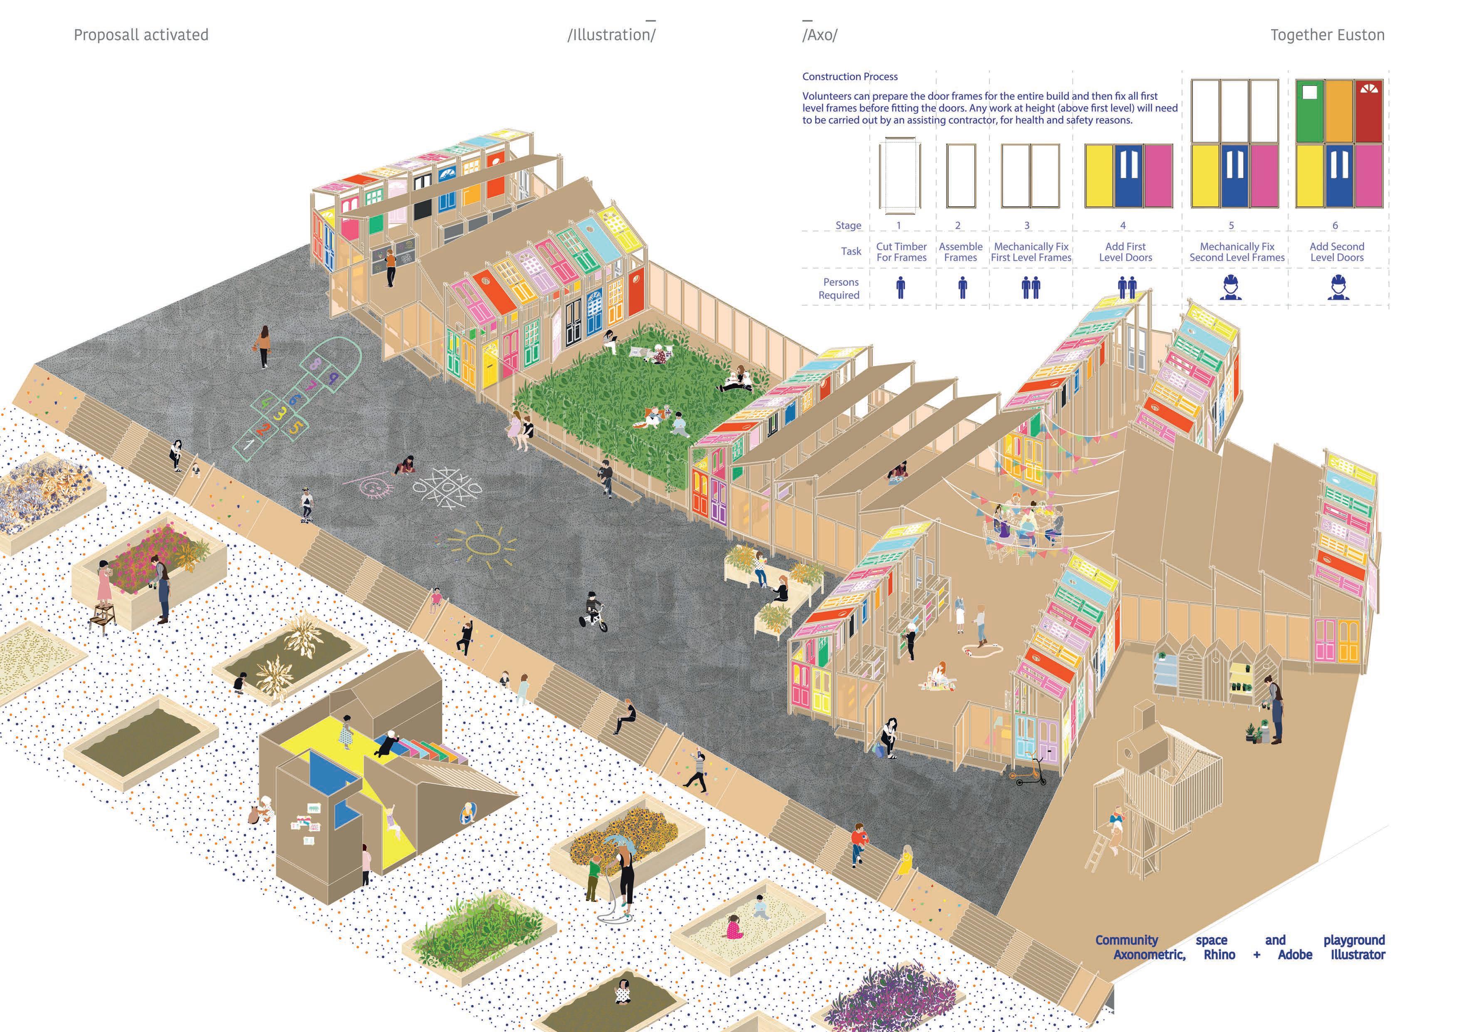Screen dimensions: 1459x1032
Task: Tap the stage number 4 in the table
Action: coord(1123,225)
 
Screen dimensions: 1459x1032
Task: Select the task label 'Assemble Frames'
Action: coord(960,252)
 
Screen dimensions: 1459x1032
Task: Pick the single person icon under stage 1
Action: coord(900,287)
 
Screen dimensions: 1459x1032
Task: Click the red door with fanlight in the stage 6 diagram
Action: coord(1368,111)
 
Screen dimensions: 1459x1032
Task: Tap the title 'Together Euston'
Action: coord(1327,35)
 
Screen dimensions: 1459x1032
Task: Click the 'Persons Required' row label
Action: coord(840,289)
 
